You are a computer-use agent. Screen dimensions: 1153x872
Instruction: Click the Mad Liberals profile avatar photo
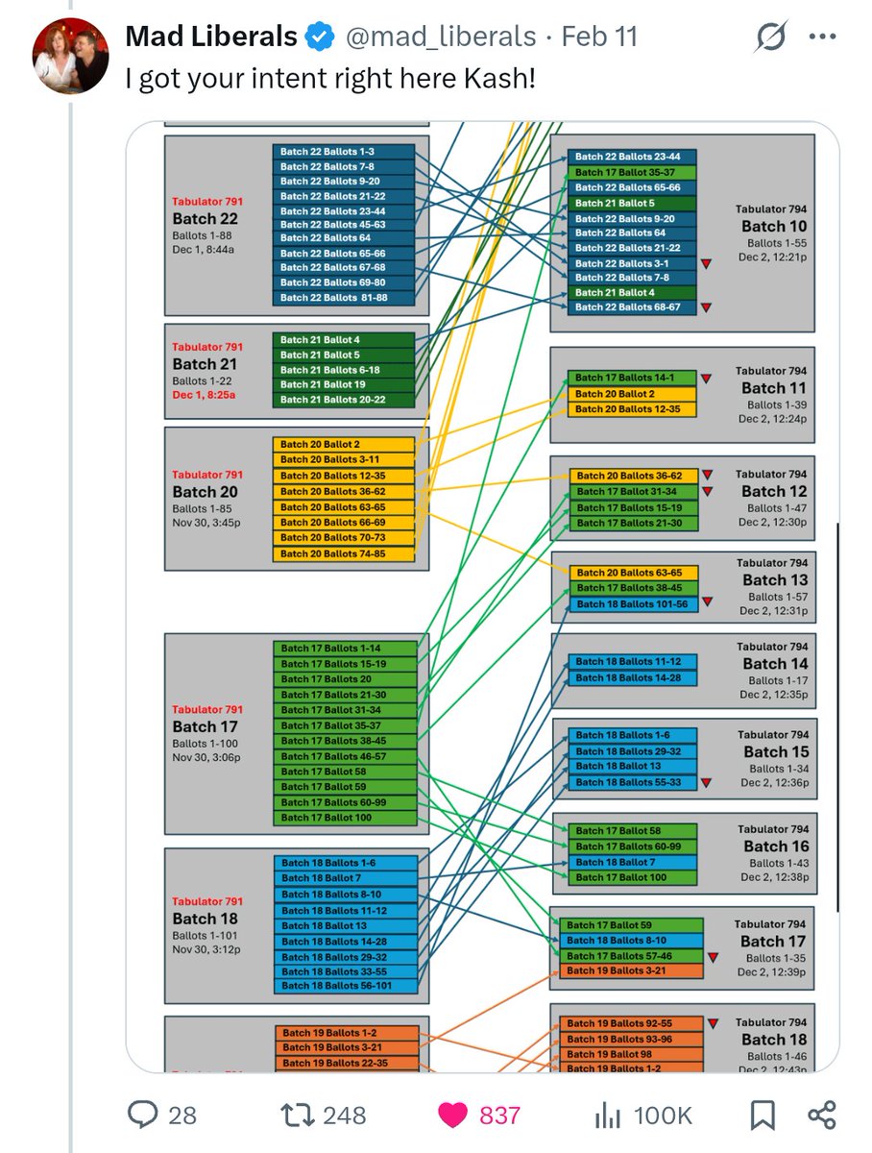pos(71,56)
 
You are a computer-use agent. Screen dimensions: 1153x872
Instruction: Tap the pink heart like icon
pos(452,1115)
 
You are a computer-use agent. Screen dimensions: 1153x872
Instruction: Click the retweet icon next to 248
pos(293,1115)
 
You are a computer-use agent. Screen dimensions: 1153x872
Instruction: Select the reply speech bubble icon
pos(143,1115)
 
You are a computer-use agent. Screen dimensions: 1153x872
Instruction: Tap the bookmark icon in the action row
pos(762,1115)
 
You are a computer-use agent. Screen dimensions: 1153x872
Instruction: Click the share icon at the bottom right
pos(822,1115)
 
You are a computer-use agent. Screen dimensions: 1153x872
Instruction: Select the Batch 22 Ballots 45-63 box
pos(344,225)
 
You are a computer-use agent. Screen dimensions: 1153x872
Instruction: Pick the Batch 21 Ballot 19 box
pos(344,384)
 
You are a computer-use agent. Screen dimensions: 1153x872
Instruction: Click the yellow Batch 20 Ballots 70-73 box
pos(344,538)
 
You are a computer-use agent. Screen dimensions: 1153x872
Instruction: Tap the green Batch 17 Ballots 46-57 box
pos(346,756)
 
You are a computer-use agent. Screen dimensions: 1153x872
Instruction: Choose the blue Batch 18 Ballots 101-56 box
pos(634,603)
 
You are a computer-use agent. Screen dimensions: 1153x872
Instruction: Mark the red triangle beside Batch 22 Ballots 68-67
pos(708,307)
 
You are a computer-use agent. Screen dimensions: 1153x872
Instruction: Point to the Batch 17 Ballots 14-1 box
pos(631,379)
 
